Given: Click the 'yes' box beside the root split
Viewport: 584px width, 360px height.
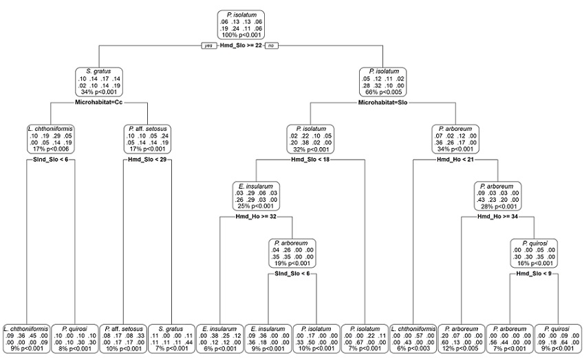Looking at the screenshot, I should click(x=205, y=45).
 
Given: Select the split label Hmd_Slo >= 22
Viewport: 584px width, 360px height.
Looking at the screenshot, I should click(x=237, y=45).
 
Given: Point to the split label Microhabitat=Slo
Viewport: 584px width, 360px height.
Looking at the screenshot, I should click(x=381, y=103).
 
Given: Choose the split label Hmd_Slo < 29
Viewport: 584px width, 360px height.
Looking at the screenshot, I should click(x=146, y=160).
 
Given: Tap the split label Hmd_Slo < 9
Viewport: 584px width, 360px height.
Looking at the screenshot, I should click(x=534, y=274).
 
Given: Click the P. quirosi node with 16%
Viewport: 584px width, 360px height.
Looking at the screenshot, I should click(x=534, y=253).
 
